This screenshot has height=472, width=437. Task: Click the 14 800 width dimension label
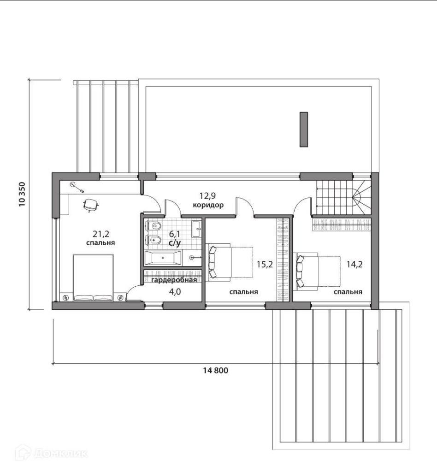click(215, 370)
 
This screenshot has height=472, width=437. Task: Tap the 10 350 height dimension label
click(22, 195)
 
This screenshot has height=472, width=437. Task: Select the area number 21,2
click(101, 233)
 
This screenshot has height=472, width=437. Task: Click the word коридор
click(208, 205)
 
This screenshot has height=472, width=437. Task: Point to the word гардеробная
click(174, 280)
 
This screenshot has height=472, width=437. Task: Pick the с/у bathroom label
click(175, 243)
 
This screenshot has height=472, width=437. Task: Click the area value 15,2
click(265, 265)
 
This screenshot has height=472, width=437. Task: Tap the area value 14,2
click(354, 265)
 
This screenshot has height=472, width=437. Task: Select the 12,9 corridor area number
click(207, 196)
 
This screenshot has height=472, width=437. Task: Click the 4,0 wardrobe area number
click(175, 292)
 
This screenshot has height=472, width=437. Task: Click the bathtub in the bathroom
click(163, 258)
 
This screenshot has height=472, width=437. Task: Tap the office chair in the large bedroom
click(90, 205)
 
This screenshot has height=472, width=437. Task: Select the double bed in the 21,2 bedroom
click(93, 277)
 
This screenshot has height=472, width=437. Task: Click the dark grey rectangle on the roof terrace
click(304, 130)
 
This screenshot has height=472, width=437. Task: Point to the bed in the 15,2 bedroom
click(230, 262)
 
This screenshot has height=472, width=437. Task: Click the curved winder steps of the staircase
click(361, 197)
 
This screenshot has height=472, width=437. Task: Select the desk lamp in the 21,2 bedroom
click(77, 187)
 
